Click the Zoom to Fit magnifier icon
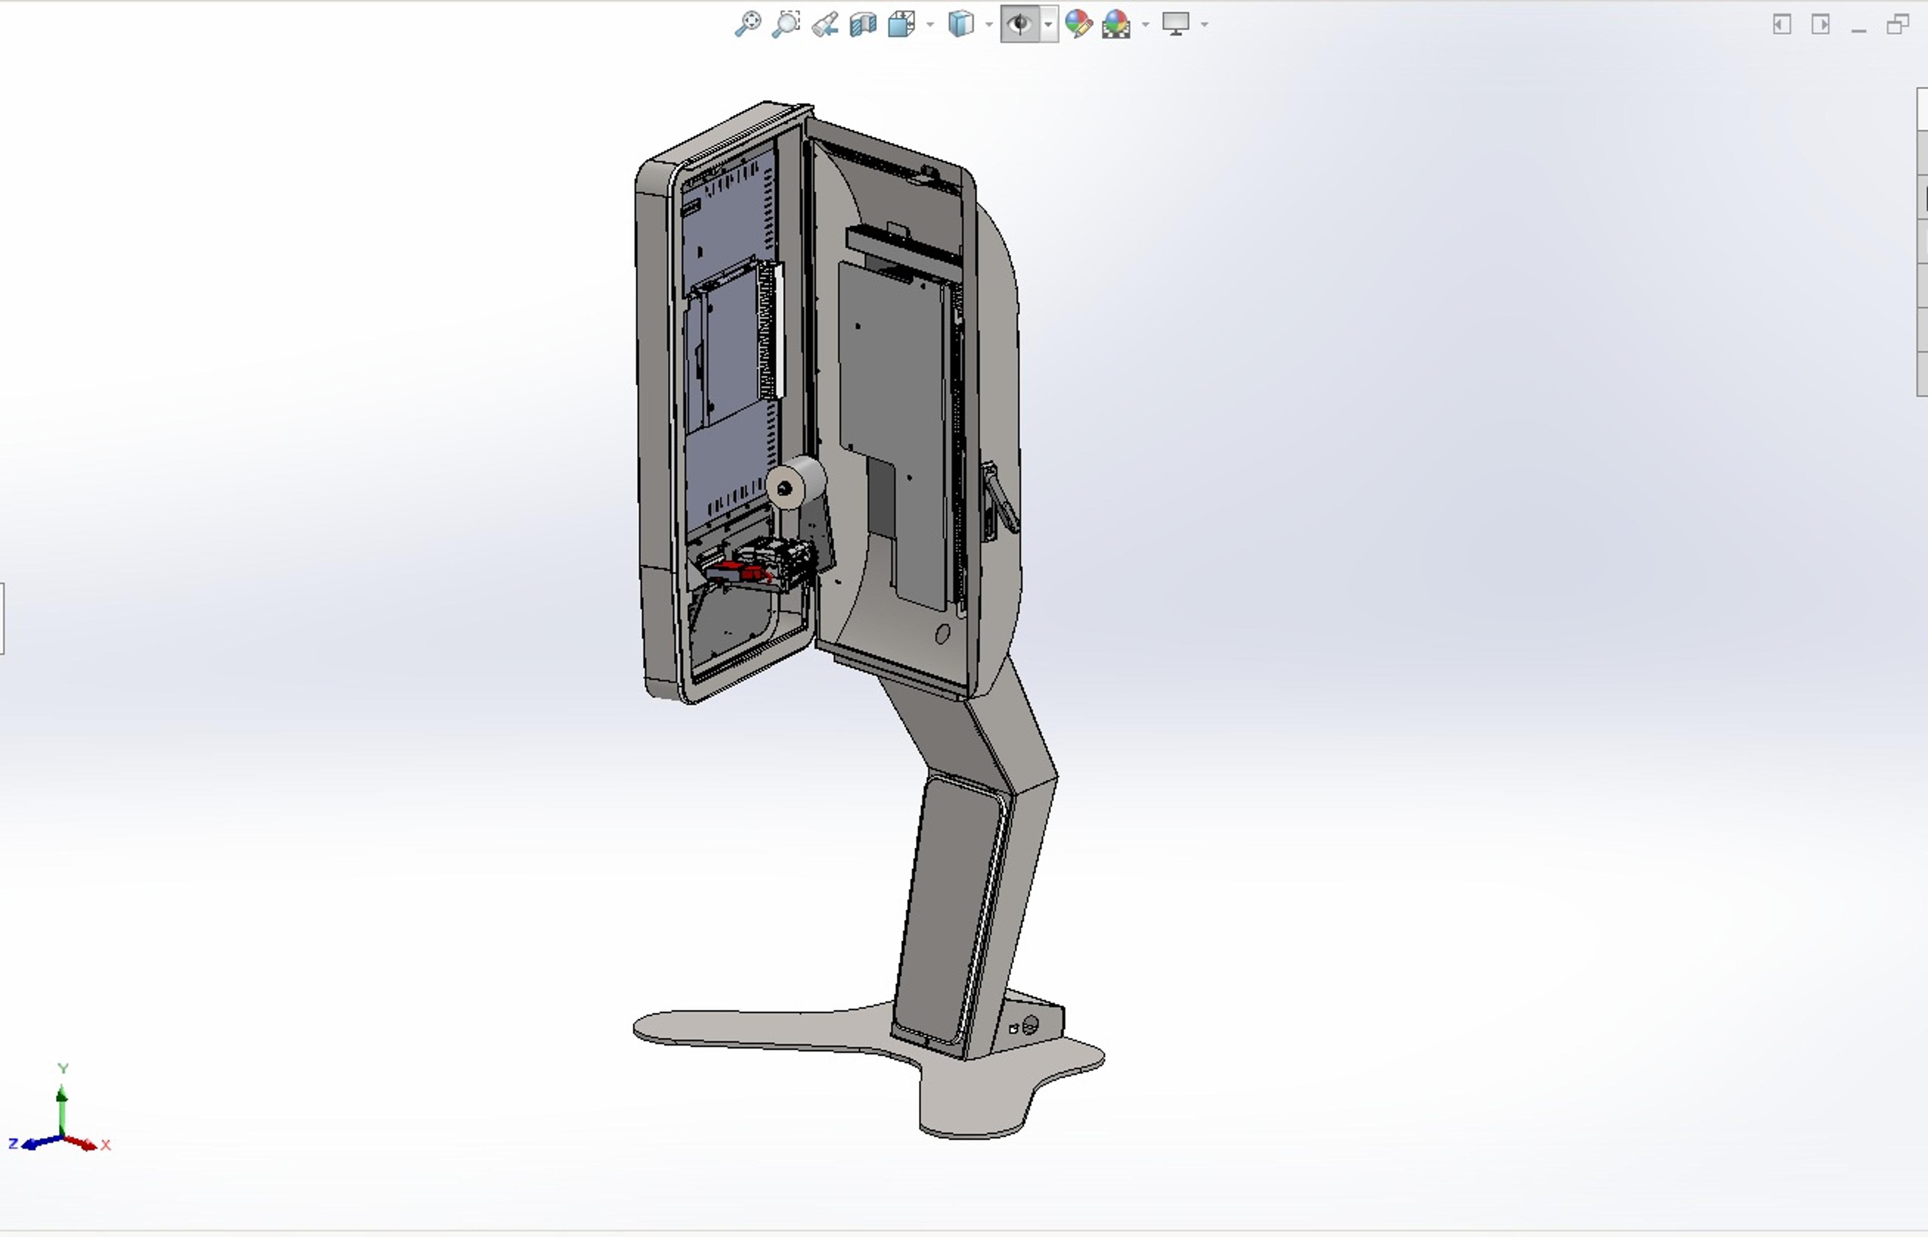point(748,24)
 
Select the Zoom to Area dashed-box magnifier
point(786,24)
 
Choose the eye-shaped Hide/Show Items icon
point(1020,24)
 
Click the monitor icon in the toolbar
point(1176,24)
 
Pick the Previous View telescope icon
point(824,24)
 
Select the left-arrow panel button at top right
point(1782,24)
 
